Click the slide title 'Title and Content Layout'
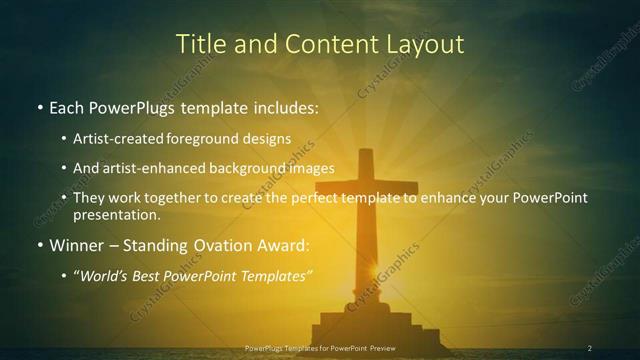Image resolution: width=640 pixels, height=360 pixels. pyautogui.click(x=320, y=44)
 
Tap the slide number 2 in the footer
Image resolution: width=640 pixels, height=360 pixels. pyautogui.click(x=589, y=348)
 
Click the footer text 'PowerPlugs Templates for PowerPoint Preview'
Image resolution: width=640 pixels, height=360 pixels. pyautogui.click(x=320, y=348)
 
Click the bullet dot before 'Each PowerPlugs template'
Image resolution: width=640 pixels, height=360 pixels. pyautogui.click(x=39, y=108)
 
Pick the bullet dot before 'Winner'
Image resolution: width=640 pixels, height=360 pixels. pyautogui.click(x=39, y=246)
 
